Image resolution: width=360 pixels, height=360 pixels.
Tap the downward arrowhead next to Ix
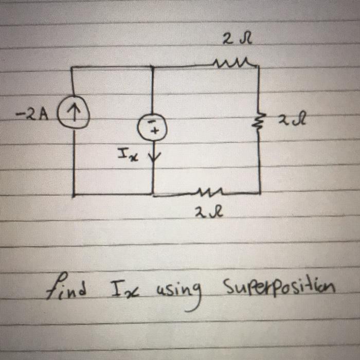(x=153, y=156)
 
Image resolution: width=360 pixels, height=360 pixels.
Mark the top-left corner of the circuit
(x=74, y=67)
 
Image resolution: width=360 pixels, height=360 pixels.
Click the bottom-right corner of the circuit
(x=260, y=193)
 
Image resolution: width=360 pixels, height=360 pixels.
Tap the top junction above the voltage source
(x=152, y=66)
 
